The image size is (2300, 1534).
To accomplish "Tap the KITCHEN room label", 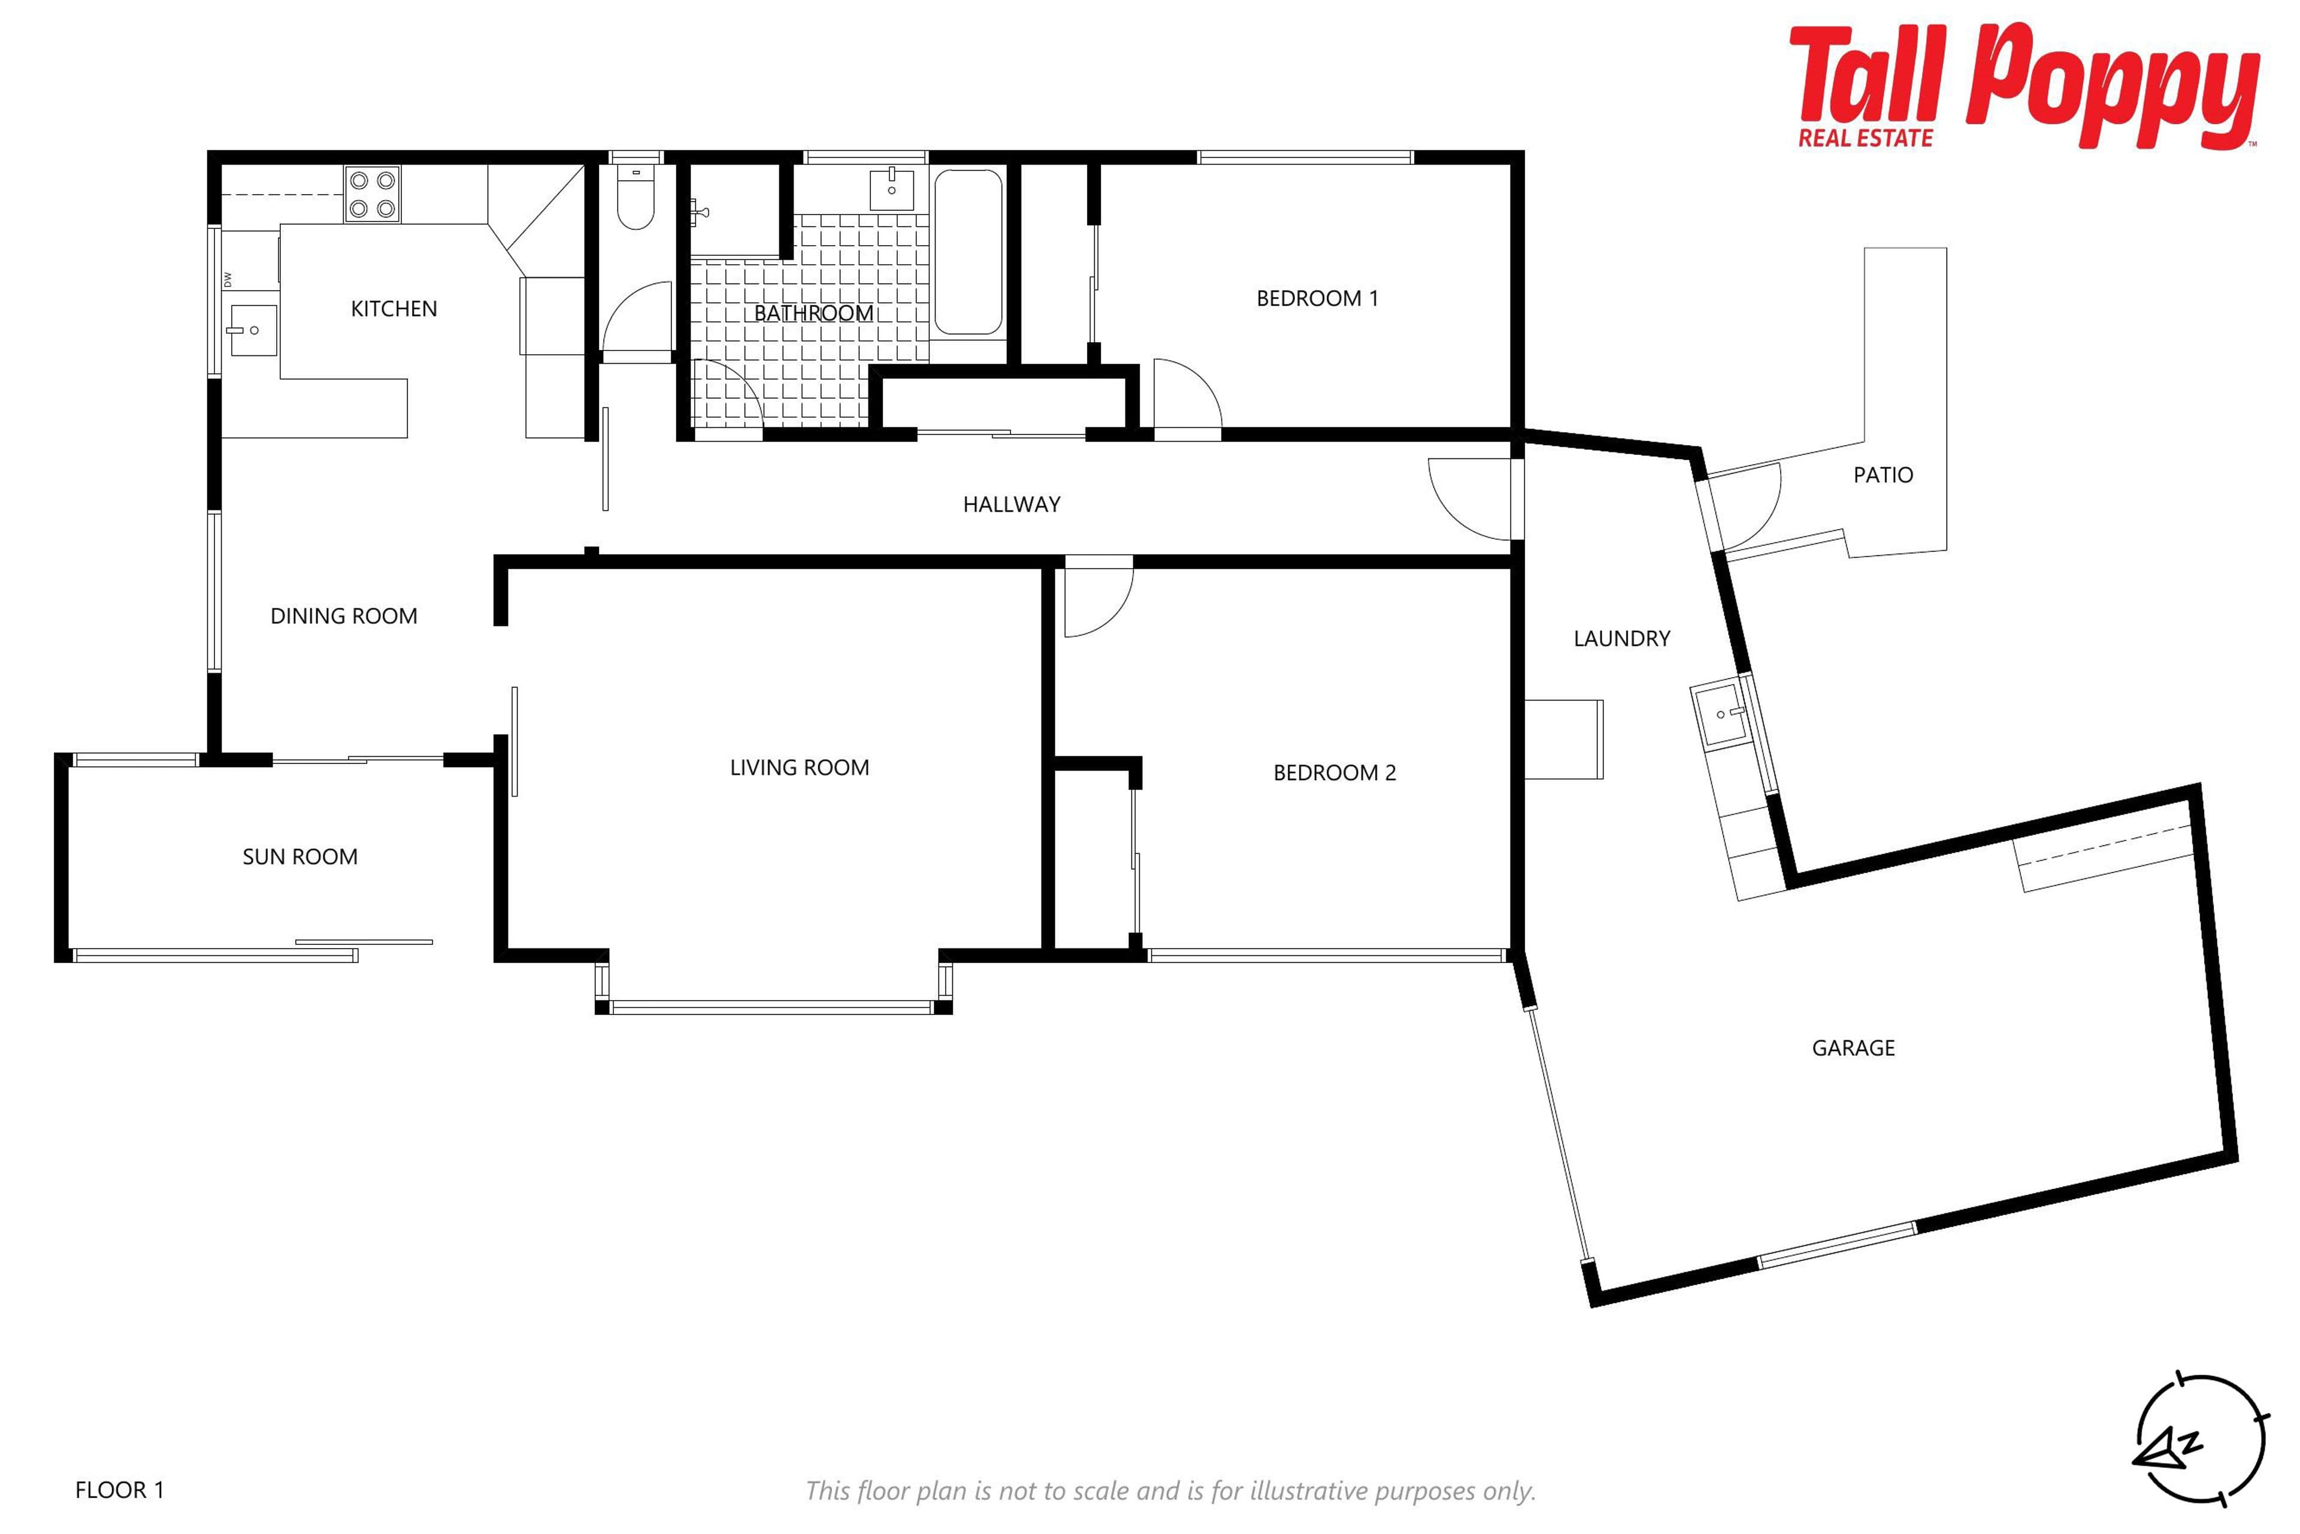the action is (x=394, y=309).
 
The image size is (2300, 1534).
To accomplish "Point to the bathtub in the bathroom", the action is (x=968, y=252).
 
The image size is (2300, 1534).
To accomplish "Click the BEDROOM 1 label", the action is (x=1317, y=298).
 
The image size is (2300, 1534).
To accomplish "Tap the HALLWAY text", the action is (x=1011, y=505).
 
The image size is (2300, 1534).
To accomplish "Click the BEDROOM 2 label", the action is (x=1335, y=773).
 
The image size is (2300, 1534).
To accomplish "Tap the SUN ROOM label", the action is (x=300, y=857).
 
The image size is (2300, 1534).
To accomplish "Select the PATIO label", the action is (x=1883, y=475).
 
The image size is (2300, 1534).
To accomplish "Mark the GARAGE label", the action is (x=1853, y=1049).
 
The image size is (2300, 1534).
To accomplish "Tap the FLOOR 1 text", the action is (x=119, y=1490).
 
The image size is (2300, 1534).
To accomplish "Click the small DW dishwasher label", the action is (x=228, y=281).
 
